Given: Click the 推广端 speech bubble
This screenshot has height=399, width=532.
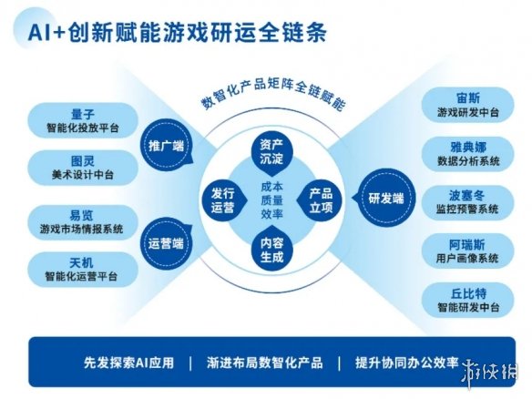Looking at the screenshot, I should coord(167,146).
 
